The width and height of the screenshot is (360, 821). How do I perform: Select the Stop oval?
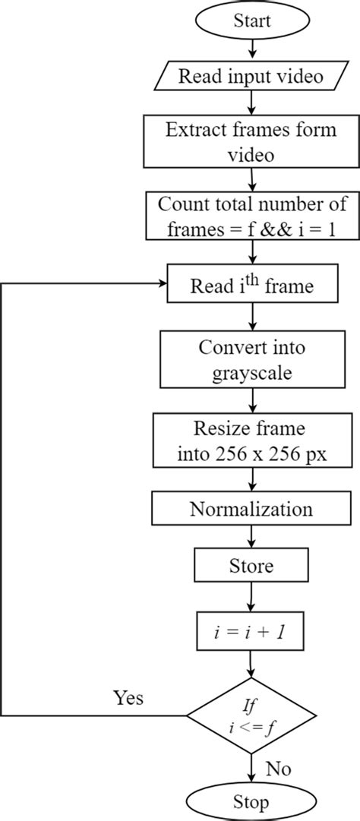click(x=251, y=801)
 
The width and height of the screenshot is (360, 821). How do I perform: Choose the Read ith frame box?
click(x=251, y=286)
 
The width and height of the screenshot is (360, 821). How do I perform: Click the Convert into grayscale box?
click(x=251, y=358)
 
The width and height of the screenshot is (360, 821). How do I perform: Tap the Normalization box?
click(x=251, y=508)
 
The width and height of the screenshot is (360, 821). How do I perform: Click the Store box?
click(x=251, y=566)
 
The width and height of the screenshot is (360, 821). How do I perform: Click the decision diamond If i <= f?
click(x=251, y=715)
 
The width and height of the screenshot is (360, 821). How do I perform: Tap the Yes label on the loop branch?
click(x=128, y=698)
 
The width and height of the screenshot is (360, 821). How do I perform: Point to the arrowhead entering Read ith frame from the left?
click(x=163, y=284)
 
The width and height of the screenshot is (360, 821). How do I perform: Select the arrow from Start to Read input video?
click(x=251, y=53)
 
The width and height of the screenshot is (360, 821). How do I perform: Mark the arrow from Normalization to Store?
click(x=251, y=538)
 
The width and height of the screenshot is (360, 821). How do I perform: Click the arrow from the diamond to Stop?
click(x=251, y=767)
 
